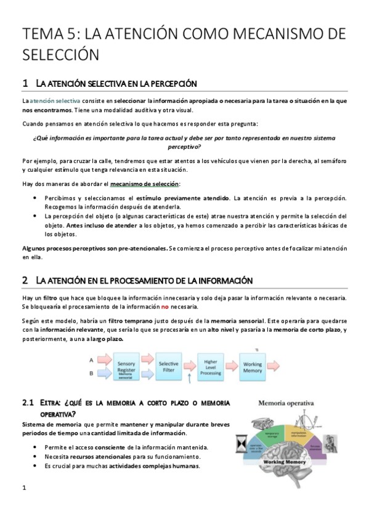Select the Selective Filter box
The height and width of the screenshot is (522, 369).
click(168, 367)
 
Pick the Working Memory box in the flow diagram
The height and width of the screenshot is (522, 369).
click(253, 367)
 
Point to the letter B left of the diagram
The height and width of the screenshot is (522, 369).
click(92, 373)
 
